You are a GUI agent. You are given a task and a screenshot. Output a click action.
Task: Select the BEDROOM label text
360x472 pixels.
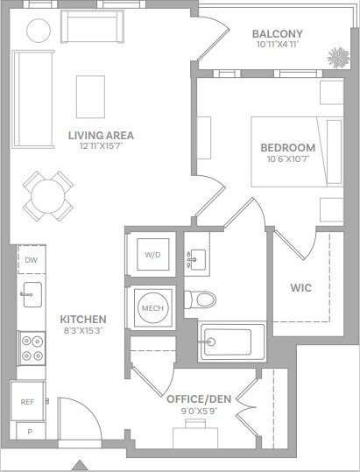point(287,147)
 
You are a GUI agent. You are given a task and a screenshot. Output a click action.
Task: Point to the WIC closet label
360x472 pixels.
point(300,287)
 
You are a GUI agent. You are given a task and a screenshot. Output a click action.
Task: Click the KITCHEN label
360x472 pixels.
point(83,319)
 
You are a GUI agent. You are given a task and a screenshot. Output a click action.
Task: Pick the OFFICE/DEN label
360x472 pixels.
point(198,399)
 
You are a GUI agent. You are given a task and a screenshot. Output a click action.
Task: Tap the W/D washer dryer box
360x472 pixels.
point(152,255)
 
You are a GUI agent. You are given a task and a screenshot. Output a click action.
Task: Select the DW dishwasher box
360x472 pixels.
point(31,260)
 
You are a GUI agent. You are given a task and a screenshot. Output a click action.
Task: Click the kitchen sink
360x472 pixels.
point(32,292)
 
